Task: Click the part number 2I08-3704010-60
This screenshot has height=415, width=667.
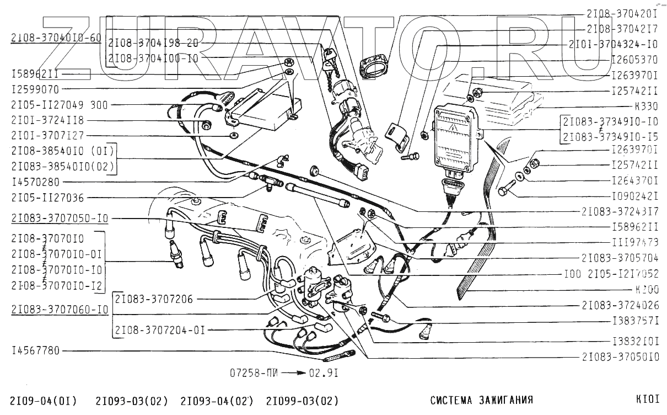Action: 56,38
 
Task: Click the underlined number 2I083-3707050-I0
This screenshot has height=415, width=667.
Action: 60,219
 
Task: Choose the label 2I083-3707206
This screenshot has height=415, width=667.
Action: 154,299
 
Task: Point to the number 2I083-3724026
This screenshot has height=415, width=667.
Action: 620,304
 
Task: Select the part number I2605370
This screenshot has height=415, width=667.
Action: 636,59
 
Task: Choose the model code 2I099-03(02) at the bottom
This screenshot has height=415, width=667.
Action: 302,401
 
